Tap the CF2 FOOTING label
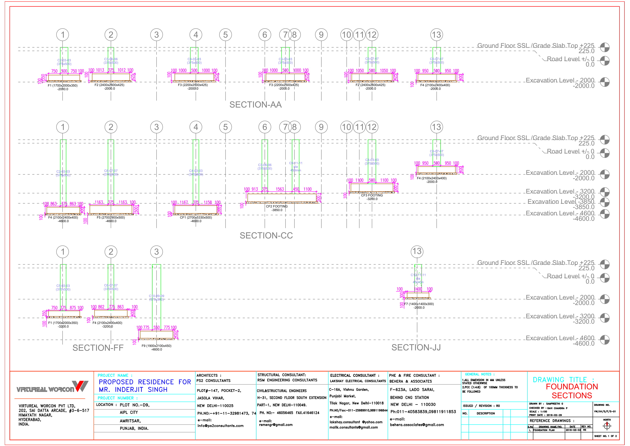pyautogui.click(x=277, y=206)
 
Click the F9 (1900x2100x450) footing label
pyautogui.click(x=156, y=346)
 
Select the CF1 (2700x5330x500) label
pyautogui.click(x=196, y=217)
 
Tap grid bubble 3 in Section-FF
pyautogui.click(x=156, y=252)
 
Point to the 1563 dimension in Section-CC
pyautogui.click(x=280, y=189)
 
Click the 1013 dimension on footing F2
pyautogui.click(x=100, y=70)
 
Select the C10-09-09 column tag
pyautogui.click(x=156, y=296)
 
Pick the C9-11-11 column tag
pyautogui.click(x=295, y=163)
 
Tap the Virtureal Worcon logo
pyautogui.click(x=52, y=387)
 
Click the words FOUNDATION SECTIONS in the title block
pyautogui.click(x=572, y=391)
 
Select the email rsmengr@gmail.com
pyautogui.click(x=275, y=425)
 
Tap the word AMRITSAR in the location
pyautogui.click(x=130, y=421)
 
